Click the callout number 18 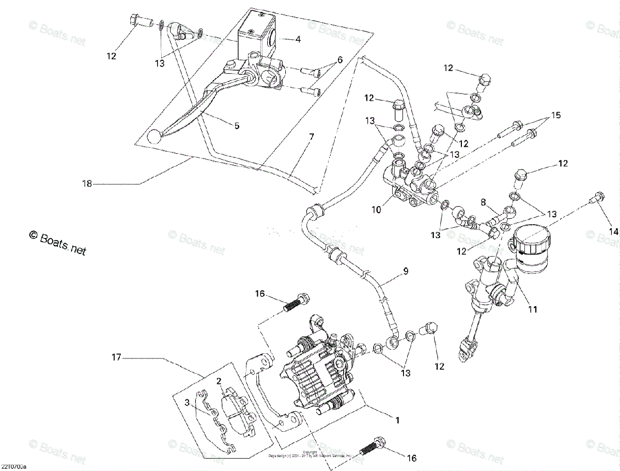[x=87, y=183]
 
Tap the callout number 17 [x=116, y=356]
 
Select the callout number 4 [x=298, y=39]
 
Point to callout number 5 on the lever [x=237, y=125]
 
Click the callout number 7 [x=312, y=137]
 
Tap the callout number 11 [x=533, y=309]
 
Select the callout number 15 [x=555, y=114]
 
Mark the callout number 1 [x=397, y=420]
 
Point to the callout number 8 [x=484, y=201]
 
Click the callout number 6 [x=340, y=60]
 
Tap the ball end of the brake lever [x=154, y=137]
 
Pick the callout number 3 [x=188, y=402]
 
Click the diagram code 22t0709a [x=14, y=467]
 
